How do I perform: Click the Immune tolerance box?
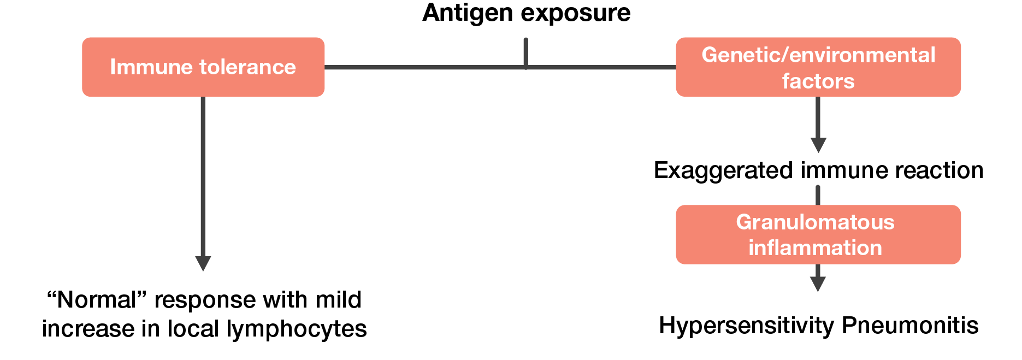pyautogui.click(x=203, y=67)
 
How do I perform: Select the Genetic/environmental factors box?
pyautogui.click(x=818, y=67)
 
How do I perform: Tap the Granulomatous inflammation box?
pyautogui.click(x=818, y=234)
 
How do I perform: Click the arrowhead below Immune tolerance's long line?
pyautogui.click(x=203, y=263)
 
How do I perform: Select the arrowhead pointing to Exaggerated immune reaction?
pyautogui.click(x=818, y=145)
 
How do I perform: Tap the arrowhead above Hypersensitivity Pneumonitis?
pyautogui.click(x=818, y=284)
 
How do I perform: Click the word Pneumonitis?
pyautogui.click(x=910, y=326)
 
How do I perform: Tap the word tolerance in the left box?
pyautogui.click(x=248, y=67)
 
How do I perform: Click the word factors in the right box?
pyautogui.click(x=818, y=81)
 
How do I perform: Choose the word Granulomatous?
pyautogui.click(x=815, y=222)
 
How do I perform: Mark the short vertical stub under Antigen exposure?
pyautogui.click(x=525, y=52)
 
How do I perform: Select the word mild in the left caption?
pyautogui.click(x=339, y=300)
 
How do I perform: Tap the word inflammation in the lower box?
pyautogui.click(x=815, y=248)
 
